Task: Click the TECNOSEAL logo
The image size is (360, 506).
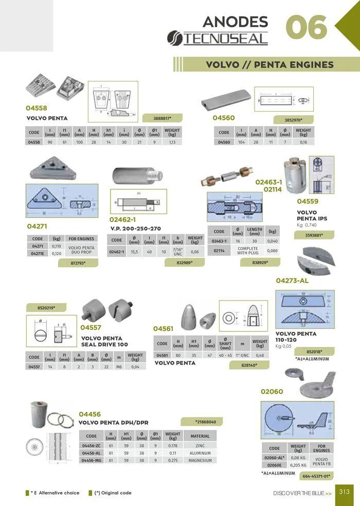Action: (x=218, y=38)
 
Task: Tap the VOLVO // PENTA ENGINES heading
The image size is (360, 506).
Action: (x=269, y=65)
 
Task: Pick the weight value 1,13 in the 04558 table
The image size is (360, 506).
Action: (x=173, y=142)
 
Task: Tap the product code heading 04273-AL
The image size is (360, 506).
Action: (x=292, y=281)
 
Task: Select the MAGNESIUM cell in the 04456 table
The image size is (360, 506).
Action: (x=200, y=461)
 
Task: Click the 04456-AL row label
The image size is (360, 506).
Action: (x=91, y=453)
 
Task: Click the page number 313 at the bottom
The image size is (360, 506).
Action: (x=344, y=492)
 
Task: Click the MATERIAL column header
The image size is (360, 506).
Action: (x=200, y=436)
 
